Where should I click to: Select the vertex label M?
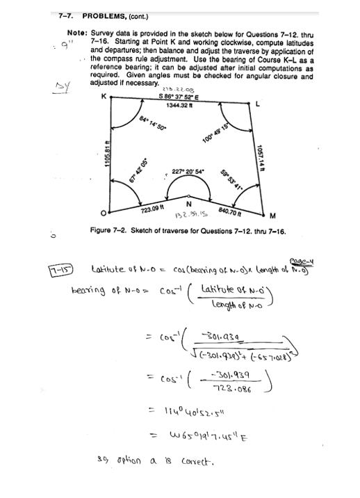pyautogui.click(x=273, y=213)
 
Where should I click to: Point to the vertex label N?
pyautogui.click(x=189, y=204)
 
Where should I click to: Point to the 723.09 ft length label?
pyautogui.click(x=152, y=209)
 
